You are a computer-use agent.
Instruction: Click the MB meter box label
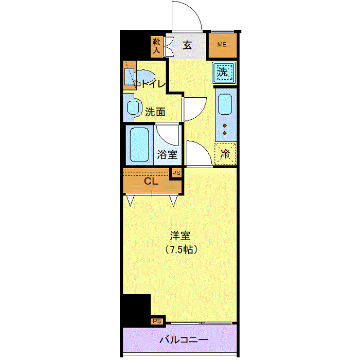[222, 45]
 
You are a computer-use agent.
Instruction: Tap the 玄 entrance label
[187, 45]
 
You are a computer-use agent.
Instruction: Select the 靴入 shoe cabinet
[156, 47]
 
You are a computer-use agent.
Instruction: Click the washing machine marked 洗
[224, 73]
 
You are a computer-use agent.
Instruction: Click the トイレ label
[153, 84]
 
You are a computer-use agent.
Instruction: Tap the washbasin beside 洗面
[133, 107]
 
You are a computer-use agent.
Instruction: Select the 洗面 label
[155, 112]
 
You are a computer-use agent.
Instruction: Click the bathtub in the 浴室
[139, 145]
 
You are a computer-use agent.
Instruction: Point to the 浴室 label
[167, 154]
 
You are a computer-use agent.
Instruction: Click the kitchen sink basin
[225, 104]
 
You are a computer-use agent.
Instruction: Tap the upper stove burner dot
[225, 125]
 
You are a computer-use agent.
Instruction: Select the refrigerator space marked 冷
[225, 154]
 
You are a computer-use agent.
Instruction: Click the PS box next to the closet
[176, 173]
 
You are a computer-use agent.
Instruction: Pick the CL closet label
[151, 181]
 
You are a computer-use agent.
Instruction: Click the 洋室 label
[180, 236]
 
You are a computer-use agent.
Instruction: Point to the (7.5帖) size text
[181, 249]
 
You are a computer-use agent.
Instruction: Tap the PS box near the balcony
[157, 321]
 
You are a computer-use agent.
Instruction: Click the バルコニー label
[184, 339]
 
